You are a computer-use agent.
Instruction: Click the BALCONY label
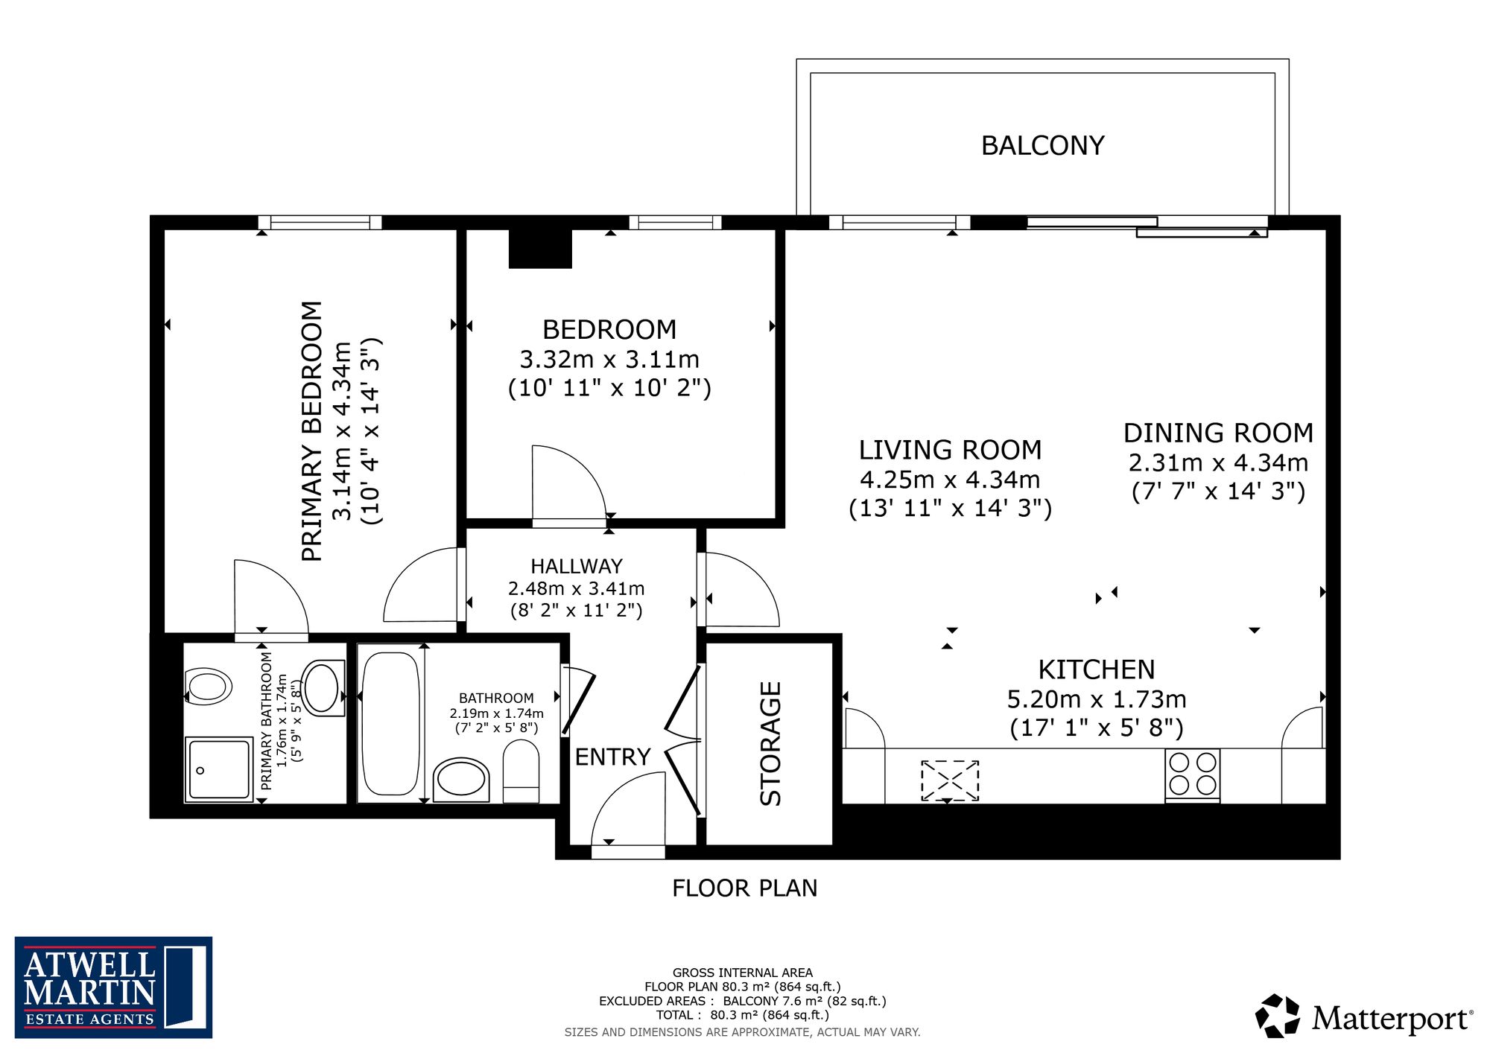pos(1042,145)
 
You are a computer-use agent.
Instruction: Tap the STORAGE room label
pos(770,743)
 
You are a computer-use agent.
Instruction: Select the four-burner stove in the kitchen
pos(1192,775)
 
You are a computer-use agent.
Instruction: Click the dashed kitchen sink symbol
pos(950,780)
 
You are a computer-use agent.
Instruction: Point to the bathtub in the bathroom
pos(390,724)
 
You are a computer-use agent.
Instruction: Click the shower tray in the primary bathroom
pos(219,769)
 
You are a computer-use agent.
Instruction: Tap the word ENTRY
pos(612,757)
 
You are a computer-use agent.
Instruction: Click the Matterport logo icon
pos(1278,1016)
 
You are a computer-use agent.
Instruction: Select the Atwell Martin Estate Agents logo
pos(113,987)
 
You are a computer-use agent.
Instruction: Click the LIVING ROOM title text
pos(950,450)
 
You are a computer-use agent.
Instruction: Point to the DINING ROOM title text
pos(1218,433)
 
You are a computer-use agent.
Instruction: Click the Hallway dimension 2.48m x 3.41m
pos(576,588)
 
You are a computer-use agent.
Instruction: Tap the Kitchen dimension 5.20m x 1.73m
pos(1097,699)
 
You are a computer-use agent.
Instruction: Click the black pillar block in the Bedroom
pos(540,249)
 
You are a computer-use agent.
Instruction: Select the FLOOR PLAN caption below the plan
pos(745,888)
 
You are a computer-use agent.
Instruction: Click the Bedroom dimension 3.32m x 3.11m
pos(609,360)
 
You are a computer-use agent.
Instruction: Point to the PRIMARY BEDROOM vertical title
pos(312,431)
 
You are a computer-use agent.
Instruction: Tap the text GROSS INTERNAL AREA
pos(743,973)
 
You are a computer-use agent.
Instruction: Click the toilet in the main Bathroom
pos(521,771)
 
